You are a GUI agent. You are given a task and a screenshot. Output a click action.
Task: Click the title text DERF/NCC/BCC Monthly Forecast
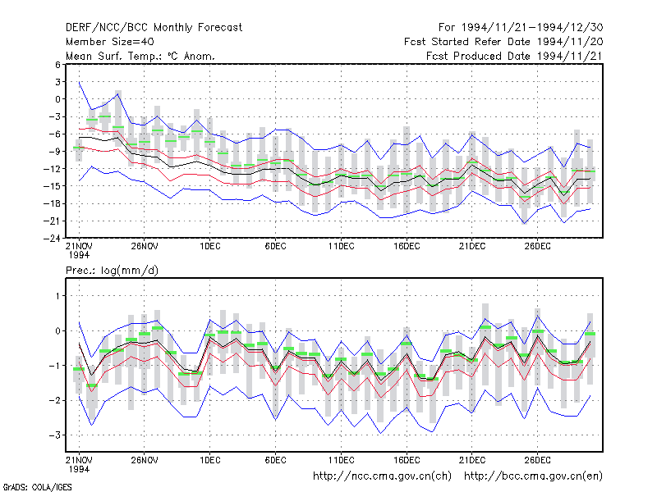154,28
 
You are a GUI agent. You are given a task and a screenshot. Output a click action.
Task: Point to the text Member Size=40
110,42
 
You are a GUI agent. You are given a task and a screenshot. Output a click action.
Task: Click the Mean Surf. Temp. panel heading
140,56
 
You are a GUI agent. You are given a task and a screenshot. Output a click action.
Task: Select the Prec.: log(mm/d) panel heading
112,271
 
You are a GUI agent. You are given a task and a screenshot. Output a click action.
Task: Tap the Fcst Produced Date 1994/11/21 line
514,56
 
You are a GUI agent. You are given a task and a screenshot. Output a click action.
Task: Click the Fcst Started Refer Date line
503,42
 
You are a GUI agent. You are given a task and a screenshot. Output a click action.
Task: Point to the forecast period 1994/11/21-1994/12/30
521,28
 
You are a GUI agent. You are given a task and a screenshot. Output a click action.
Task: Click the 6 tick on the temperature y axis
57,65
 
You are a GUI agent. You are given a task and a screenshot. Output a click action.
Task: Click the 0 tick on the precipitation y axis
57,331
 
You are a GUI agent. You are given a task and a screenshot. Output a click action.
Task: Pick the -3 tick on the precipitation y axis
55,435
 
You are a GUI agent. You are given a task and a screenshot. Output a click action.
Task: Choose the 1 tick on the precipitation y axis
58,296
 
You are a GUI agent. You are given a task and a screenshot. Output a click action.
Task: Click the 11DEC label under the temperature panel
341,247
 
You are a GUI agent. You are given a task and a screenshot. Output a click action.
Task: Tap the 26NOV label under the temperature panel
145,247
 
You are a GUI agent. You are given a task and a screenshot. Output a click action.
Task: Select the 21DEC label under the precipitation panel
472,460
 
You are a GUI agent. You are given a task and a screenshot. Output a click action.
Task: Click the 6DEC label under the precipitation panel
275,460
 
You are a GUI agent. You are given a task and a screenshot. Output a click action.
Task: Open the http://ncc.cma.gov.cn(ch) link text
382,476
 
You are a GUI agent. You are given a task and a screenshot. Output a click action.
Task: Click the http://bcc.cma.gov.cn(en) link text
533,476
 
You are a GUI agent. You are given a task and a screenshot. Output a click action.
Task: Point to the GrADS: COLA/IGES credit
37,487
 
